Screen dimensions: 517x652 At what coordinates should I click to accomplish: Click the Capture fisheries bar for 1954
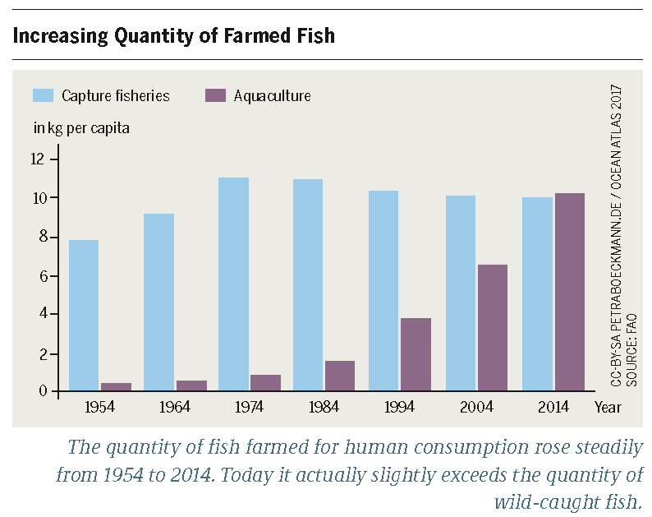(84, 316)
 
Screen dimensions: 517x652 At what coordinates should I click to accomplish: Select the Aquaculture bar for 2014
(569, 293)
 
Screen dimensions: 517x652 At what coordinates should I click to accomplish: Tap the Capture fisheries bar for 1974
(233, 284)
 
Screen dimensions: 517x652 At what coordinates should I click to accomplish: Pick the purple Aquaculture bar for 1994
(416, 354)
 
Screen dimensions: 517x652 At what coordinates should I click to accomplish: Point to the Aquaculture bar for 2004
(492, 328)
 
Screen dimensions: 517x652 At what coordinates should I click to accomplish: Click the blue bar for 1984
(308, 285)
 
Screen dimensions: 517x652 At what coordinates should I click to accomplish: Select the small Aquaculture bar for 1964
(191, 385)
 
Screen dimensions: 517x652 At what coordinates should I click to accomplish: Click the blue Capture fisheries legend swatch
(44, 95)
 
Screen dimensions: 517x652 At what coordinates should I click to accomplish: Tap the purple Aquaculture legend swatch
(214, 95)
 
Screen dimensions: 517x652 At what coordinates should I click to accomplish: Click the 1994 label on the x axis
(400, 407)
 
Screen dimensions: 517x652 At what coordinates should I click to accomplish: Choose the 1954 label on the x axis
(99, 407)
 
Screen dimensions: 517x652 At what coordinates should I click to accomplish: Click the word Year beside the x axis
(608, 407)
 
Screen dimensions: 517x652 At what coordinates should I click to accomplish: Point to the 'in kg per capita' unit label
(80, 128)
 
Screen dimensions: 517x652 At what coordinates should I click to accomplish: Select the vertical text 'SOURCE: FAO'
(632, 349)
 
